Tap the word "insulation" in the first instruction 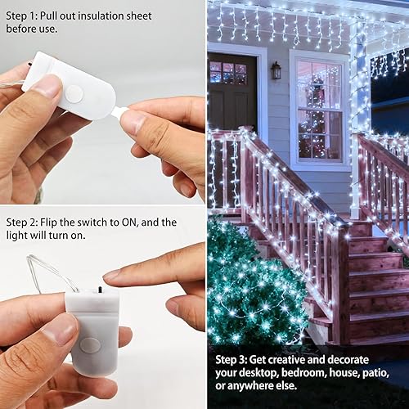click(x=118, y=15)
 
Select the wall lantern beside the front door click(x=276, y=70)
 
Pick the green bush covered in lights click(x=254, y=286)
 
